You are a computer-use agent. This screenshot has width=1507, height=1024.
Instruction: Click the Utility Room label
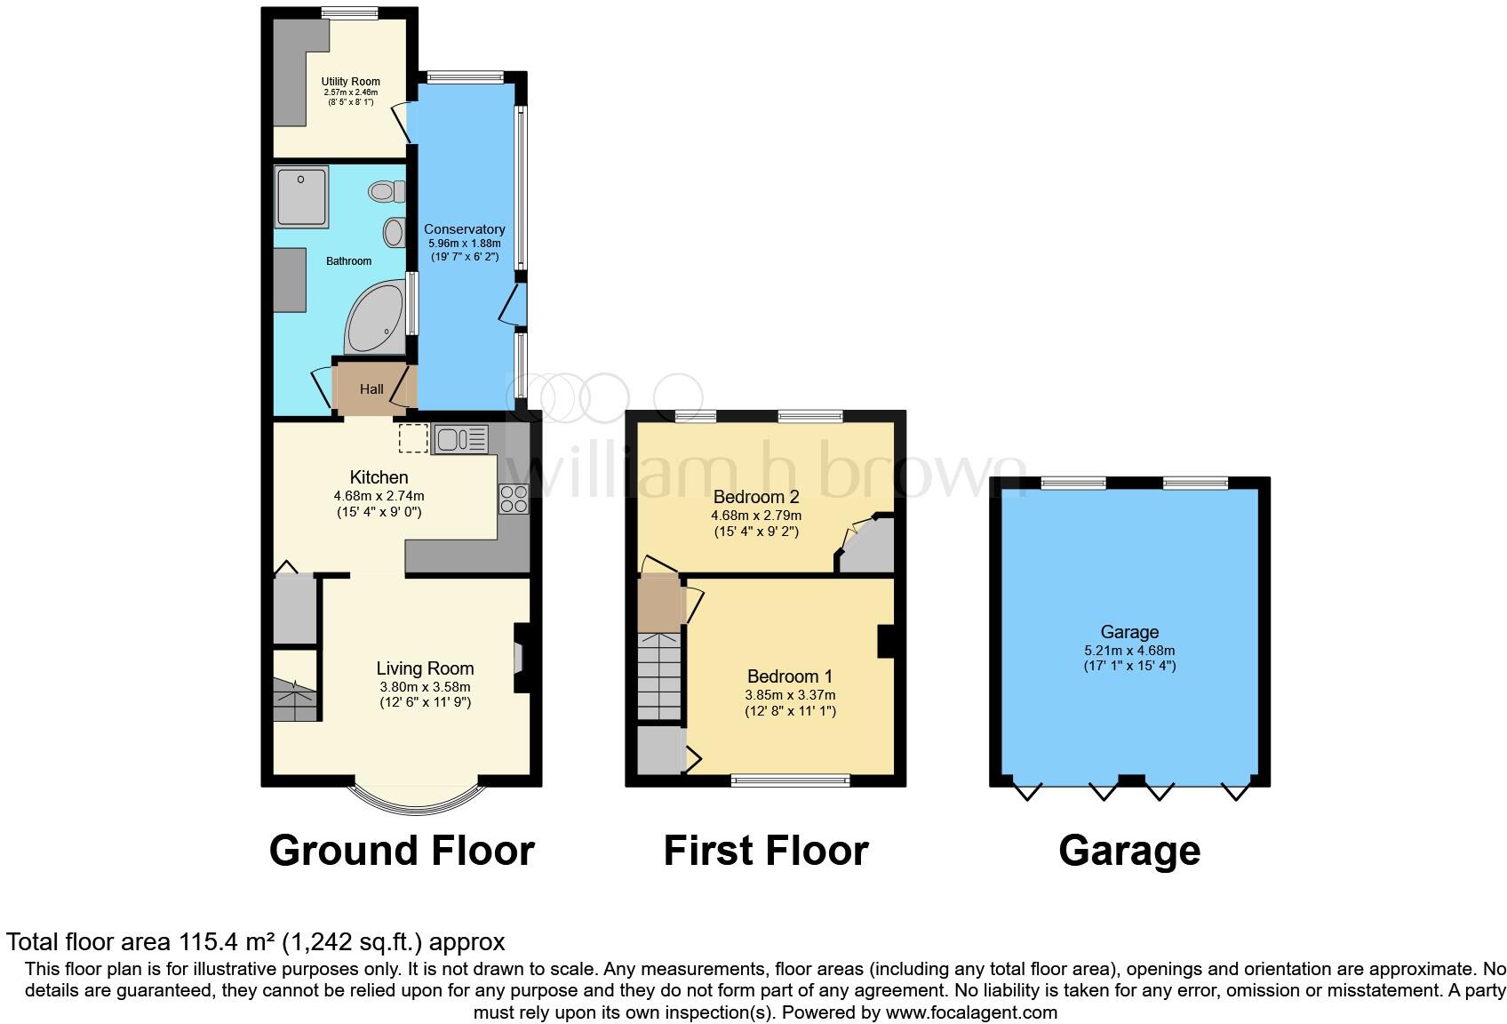click(x=350, y=82)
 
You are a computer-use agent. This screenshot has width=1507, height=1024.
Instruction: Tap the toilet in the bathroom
click(x=387, y=191)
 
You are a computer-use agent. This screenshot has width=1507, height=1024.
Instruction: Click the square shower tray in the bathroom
click(x=301, y=196)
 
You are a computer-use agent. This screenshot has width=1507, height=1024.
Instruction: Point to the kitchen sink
click(x=459, y=439)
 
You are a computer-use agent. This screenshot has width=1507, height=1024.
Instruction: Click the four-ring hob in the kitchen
click(x=514, y=499)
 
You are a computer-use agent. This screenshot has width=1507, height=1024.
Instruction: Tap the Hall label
click(x=371, y=389)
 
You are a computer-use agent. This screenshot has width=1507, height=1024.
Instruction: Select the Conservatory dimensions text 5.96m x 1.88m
click(x=464, y=244)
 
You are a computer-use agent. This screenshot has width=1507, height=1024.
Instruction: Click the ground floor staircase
click(x=295, y=698)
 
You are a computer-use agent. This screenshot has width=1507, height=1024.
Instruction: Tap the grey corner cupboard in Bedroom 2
click(x=870, y=549)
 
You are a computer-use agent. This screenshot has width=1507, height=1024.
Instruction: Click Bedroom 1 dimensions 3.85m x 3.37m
click(x=790, y=695)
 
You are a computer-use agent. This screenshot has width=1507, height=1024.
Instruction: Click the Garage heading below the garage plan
click(x=1129, y=851)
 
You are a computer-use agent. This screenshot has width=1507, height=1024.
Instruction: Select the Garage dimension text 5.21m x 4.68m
click(x=1129, y=650)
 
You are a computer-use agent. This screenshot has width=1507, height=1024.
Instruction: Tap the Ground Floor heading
click(x=402, y=851)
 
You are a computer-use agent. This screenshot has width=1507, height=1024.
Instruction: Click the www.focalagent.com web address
click(x=971, y=1012)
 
